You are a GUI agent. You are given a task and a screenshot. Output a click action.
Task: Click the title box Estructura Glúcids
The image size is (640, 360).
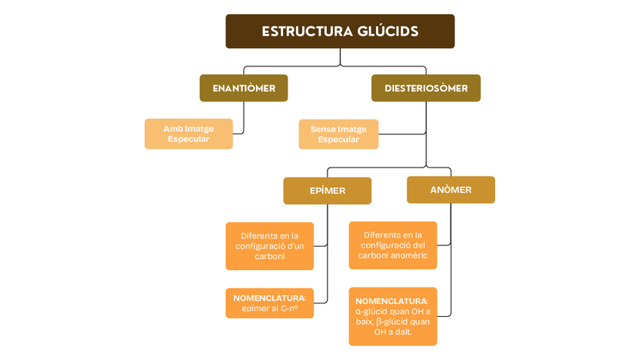[x=340, y=31]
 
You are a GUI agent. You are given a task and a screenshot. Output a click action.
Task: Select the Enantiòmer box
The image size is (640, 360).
[x=243, y=88]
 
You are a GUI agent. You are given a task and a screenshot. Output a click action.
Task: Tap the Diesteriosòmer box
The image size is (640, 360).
[x=426, y=88]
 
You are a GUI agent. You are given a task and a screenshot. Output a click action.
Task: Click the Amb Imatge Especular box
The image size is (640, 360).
[x=188, y=134]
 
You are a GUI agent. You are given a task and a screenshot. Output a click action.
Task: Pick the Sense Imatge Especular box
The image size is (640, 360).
[x=338, y=134]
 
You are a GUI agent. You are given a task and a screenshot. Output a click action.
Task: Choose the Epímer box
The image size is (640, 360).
[x=327, y=190]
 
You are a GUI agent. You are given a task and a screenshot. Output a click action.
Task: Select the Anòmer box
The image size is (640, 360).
[x=451, y=189]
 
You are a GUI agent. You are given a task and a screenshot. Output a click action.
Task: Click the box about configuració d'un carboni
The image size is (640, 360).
[x=269, y=245]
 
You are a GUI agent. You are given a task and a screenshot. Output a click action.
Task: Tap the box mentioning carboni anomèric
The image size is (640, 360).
[x=392, y=245]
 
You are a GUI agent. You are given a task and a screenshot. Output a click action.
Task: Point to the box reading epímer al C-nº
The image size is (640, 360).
[x=269, y=303]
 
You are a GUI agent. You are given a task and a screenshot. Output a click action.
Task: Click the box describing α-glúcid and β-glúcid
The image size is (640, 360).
[x=392, y=315]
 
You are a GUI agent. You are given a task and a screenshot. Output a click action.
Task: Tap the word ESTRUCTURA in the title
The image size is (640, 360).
[x=306, y=32]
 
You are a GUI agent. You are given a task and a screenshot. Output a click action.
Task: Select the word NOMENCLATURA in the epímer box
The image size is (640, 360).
[x=269, y=297]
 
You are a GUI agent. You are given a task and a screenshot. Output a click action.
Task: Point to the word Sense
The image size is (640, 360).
[x=322, y=129]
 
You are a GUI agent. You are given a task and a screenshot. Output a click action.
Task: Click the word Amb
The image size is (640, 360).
[x=173, y=128]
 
